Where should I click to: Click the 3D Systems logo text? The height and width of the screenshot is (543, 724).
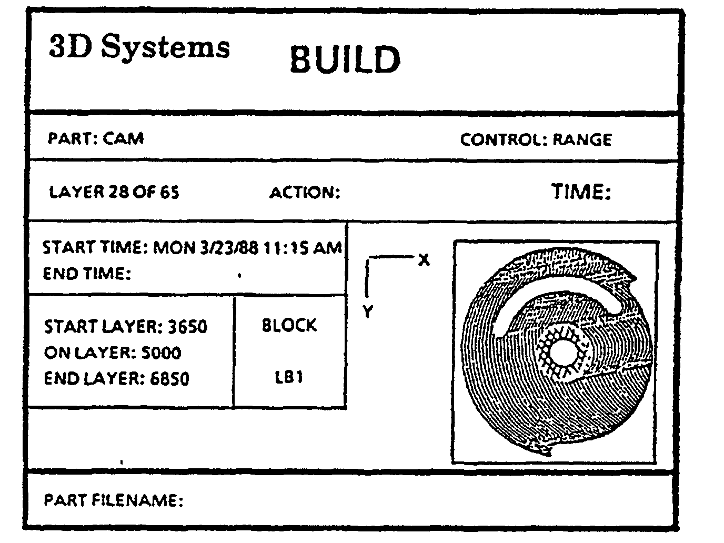(x=139, y=47)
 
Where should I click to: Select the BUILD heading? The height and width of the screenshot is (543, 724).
(x=345, y=59)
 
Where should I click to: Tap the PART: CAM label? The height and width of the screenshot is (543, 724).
(x=96, y=138)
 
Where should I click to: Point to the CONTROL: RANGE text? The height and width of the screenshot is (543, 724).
(x=536, y=140)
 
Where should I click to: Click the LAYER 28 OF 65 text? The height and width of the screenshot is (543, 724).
(x=114, y=192)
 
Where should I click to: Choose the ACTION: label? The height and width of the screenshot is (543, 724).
(x=305, y=193)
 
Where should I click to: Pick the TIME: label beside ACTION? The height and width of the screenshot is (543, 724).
(x=581, y=192)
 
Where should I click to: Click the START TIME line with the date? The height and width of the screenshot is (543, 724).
(x=192, y=247)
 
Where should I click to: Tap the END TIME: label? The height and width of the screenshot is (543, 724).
(x=86, y=274)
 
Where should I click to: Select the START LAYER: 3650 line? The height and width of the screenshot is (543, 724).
(x=125, y=327)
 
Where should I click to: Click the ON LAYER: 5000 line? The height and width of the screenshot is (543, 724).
(x=113, y=353)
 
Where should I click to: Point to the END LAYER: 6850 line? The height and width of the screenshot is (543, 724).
(x=116, y=378)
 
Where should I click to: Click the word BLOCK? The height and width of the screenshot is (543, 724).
(x=289, y=325)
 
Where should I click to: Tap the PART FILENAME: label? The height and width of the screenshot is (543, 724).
(x=113, y=500)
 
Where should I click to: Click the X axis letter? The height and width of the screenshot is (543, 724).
(x=424, y=260)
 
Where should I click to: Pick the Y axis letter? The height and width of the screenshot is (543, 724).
(x=368, y=311)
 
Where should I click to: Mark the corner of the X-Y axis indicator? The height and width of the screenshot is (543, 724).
(x=368, y=258)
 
